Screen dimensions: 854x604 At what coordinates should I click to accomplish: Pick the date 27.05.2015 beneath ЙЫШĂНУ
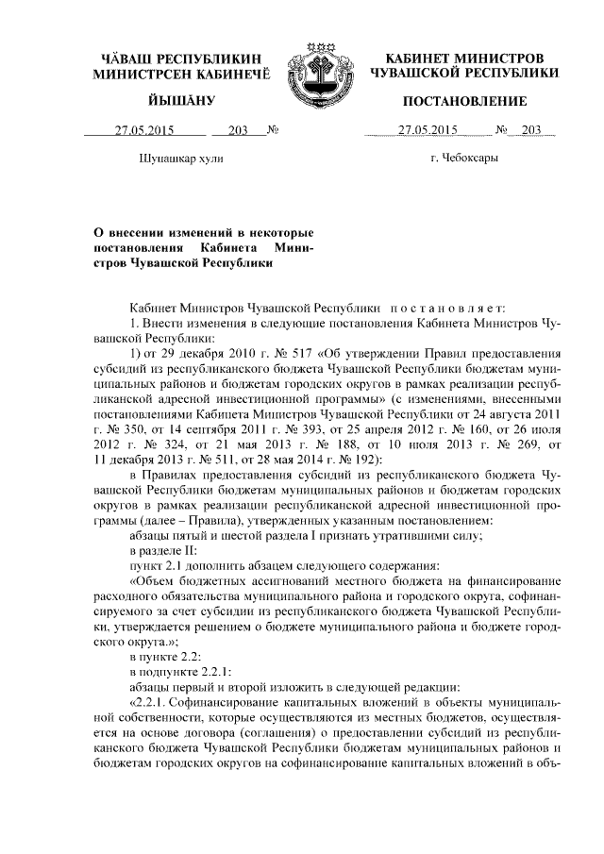click(144, 130)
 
